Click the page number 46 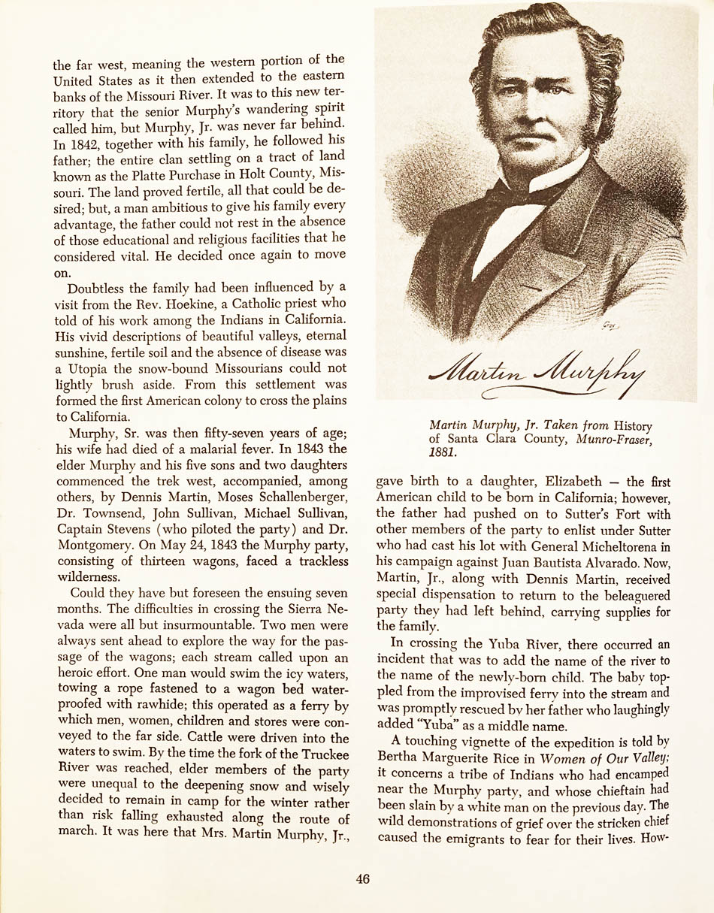(363, 879)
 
